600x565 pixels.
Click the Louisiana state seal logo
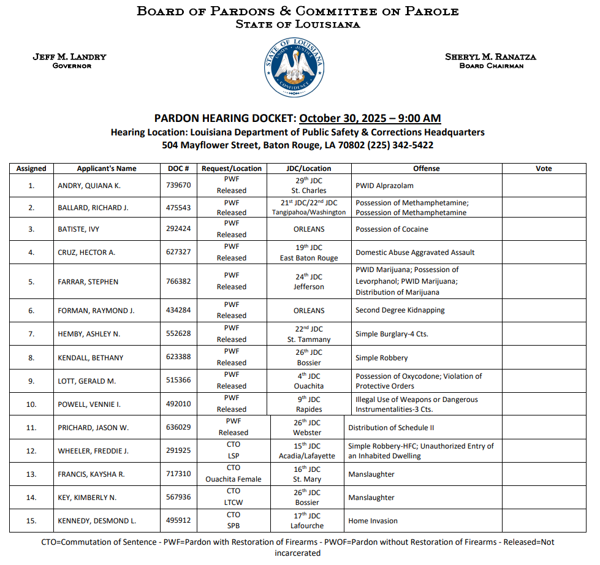(295, 67)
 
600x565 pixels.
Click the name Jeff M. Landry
(69, 57)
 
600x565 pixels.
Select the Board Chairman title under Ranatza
(491, 66)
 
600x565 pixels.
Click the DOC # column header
(178, 169)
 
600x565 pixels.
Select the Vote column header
(544, 169)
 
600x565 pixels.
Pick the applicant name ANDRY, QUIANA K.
(89, 186)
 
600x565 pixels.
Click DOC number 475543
(178, 208)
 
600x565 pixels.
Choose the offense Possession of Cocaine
(392, 229)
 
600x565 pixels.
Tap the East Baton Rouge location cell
(309, 258)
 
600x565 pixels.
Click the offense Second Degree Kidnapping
(400, 310)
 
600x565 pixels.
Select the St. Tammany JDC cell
(309, 339)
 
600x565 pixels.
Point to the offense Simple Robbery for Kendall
(381, 358)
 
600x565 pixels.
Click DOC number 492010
(178, 404)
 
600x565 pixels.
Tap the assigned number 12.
(31, 451)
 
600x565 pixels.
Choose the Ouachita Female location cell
(233, 479)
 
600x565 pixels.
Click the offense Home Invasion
(373, 521)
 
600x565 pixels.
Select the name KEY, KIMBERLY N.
(87, 498)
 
